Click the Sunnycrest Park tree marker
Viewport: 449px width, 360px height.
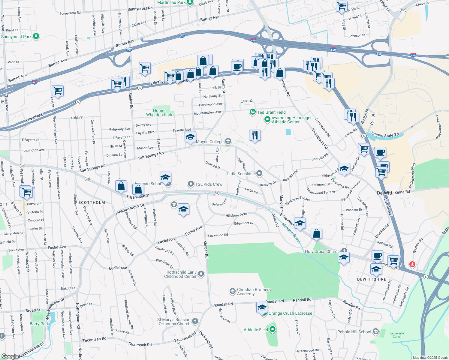(36, 36)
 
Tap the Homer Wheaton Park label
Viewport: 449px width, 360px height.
(159, 112)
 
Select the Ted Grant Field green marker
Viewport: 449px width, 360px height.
(252, 112)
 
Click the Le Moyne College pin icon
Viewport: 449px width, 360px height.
(228, 141)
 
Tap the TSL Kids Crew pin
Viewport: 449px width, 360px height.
(191, 184)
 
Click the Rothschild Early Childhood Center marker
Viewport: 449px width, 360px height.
(201, 274)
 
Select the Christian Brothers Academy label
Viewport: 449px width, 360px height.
(254, 292)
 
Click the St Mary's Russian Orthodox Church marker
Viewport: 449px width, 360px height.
(195, 321)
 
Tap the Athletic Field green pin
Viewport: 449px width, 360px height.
(273, 329)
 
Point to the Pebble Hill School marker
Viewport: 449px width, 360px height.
(375, 331)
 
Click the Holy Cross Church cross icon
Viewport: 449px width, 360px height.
(344, 251)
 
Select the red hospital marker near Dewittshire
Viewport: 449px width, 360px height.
(412, 264)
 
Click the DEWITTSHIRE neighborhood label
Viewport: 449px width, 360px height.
(372, 279)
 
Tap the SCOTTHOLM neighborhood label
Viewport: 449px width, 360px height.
(92, 202)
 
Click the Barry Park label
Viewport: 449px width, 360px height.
(39, 324)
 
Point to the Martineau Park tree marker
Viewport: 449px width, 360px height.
(190, 3)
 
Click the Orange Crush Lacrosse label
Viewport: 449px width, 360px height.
(290, 313)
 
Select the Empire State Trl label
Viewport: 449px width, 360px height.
(385, 135)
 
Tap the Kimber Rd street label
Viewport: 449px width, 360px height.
(206, 249)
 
